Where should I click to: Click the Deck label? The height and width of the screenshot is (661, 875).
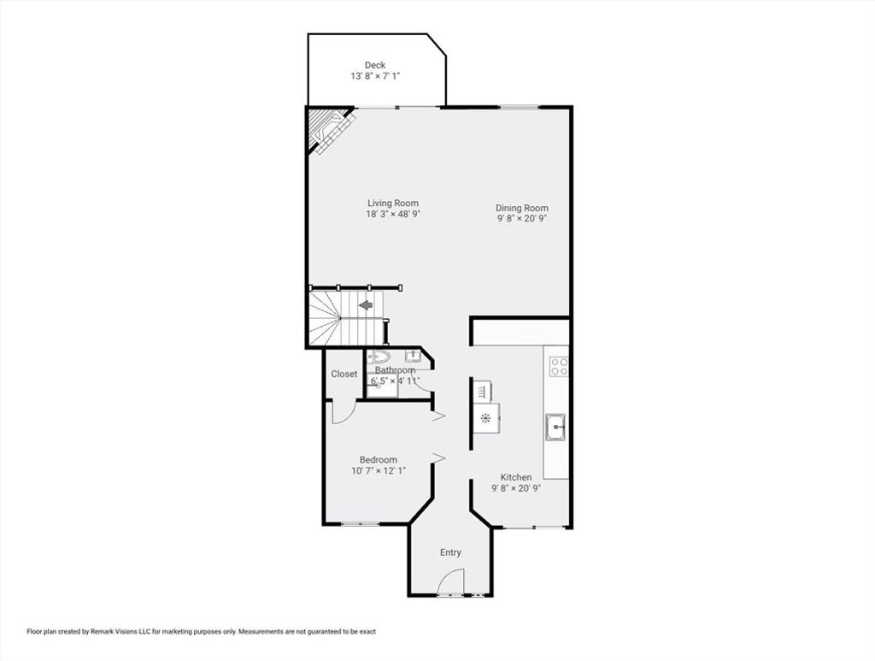[375, 65]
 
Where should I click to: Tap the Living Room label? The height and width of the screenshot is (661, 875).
[393, 204]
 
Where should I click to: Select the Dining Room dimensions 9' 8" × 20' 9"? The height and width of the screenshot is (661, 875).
[522, 219]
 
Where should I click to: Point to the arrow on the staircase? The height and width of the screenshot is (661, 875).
[366, 305]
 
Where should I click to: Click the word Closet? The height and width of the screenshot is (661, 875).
[344, 374]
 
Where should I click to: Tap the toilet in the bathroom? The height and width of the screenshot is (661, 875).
[381, 357]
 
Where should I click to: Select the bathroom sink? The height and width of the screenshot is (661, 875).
[413, 356]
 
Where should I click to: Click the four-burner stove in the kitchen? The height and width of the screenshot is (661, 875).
[559, 367]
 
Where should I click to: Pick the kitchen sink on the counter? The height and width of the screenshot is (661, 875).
[555, 428]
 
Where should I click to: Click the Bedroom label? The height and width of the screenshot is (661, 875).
[379, 460]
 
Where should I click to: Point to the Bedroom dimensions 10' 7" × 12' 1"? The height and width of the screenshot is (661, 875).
[379, 470]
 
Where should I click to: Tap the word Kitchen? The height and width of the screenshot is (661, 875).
[515, 477]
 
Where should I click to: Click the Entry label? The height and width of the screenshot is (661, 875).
[450, 552]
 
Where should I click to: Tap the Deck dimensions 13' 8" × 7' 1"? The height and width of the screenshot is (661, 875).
[375, 76]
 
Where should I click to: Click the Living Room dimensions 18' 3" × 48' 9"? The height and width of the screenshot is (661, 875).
[393, 214]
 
